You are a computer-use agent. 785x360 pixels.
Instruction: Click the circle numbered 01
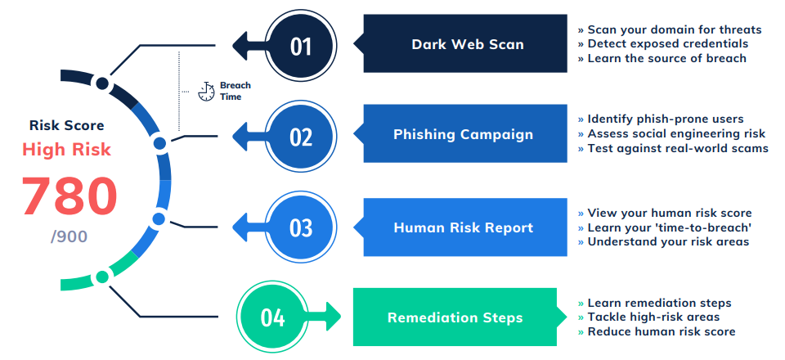[300, 46]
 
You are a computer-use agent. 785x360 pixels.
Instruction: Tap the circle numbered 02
[300, 136]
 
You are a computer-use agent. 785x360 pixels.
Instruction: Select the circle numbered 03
[300, 227]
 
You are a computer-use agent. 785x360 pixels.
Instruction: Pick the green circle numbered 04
[273, 317]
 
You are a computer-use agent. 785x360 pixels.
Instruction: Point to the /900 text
[69, 236]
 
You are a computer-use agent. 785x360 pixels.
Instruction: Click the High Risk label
[66, 149]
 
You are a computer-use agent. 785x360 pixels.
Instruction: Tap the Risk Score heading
[66, 124]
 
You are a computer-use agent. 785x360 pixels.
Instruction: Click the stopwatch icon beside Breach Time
[206, 91]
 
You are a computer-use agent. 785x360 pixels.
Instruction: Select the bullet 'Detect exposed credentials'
[663, 44]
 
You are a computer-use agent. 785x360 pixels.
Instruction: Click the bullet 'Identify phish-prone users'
[661, 119]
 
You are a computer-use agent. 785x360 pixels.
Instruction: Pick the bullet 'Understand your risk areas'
[663, 242]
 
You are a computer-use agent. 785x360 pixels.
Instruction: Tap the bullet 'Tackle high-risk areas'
[648, 317]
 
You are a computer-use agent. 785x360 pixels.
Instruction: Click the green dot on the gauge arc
[103, 277]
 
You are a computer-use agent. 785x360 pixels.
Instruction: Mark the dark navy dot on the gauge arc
[102, 83]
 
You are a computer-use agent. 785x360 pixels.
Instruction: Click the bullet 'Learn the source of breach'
[662, 59]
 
